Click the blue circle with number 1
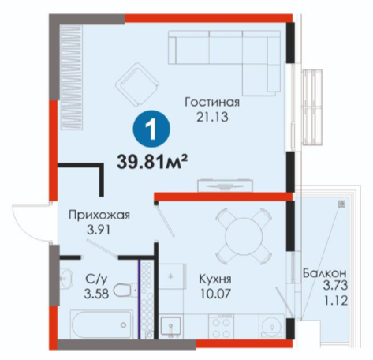[152, 129]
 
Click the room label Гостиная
[212, 102]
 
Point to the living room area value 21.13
[212, 117]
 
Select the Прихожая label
[99, 215]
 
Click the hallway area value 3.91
[99, 230]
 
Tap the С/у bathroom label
[96, 279]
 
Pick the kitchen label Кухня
[215, 279]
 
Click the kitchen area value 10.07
[215, 294]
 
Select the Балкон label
[324, 273]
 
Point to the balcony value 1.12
[335, 300]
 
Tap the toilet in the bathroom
[125, 291]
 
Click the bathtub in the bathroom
[102, 324]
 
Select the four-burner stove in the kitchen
[220, 327]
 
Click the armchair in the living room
[137, 84]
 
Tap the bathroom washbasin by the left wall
[66, 277]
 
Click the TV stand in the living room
[226, 186]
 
